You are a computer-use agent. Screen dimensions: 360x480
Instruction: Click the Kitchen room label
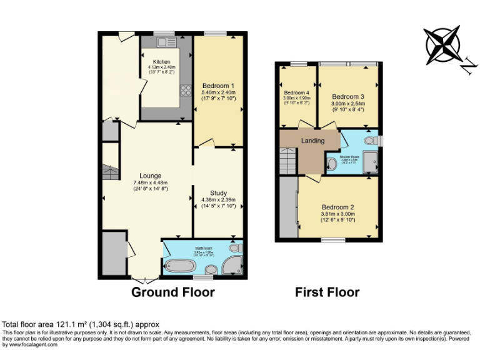[x=161, y=62]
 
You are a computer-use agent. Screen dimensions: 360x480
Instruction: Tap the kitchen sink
[x=166, y=42]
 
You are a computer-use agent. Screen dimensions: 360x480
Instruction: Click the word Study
[x=218, y=193]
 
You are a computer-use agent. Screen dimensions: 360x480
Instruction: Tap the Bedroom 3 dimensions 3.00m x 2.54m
[x=348, y=104]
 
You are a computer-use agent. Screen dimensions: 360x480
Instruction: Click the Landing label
[x=312, y=141]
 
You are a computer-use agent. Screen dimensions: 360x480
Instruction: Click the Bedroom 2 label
[x=338, y=207]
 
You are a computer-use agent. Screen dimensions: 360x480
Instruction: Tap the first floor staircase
[x=288, y=161]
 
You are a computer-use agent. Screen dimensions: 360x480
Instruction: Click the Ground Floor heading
[x=172, y=292]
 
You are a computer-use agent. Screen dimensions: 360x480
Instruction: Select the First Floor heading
[x=327, y=292]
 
